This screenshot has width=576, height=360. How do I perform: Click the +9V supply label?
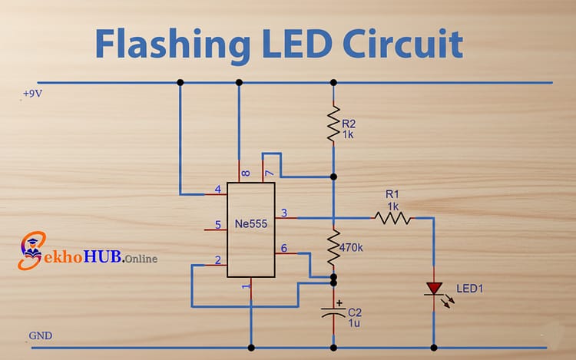33,93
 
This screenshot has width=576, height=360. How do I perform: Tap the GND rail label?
40,336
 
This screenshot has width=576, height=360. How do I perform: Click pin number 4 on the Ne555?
218,190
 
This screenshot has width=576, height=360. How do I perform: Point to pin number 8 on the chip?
244,174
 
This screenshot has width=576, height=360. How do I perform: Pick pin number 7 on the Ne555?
269,174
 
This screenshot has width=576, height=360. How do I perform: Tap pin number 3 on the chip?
284,213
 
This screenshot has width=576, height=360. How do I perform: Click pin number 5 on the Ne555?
218,226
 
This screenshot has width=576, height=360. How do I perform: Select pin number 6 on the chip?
284,248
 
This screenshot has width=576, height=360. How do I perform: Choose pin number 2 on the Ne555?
218,260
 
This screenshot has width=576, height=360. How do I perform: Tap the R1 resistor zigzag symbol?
392,218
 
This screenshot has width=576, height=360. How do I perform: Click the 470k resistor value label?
353,248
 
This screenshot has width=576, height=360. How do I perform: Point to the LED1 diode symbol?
434,289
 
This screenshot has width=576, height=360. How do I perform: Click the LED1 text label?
470,289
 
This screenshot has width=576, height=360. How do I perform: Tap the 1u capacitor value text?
354,324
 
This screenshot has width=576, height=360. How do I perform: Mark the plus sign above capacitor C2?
339,302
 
